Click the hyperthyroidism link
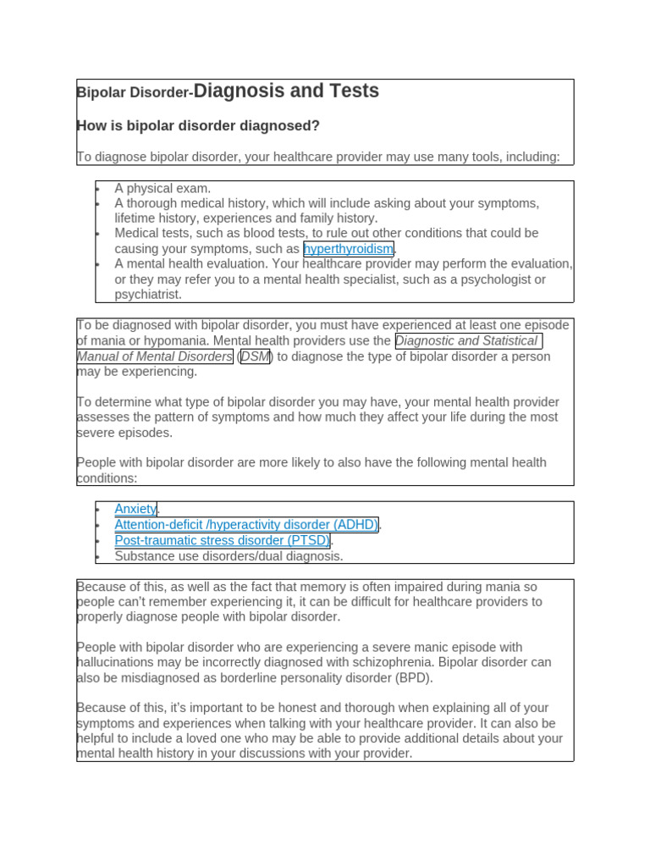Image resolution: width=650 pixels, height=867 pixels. click(x=348, y=249)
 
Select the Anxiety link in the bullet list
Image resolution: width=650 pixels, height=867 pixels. click(x=135, y=509)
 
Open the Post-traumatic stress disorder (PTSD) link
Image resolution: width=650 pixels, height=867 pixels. click(x=223, y=540)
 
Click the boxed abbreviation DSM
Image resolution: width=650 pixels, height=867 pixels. click(x=256, y=356)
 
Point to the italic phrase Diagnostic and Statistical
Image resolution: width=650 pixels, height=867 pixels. click(x=467, y=341)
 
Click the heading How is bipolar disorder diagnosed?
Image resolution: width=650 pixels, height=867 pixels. click(x=198, y=126)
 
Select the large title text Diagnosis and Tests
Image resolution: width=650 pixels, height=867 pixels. click(x=286, y=91)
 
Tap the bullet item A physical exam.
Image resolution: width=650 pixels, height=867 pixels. click(x=162, y=188)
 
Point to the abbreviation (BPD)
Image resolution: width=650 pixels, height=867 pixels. click(x=415, y=678)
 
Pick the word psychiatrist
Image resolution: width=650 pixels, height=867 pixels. click(x=148, y=295)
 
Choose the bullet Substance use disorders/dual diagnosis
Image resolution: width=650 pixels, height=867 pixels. click(x=229, y=556)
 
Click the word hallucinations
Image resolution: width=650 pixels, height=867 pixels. click(x=118, y=663)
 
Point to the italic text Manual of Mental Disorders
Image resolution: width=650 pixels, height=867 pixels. click(x=155, y=356)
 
